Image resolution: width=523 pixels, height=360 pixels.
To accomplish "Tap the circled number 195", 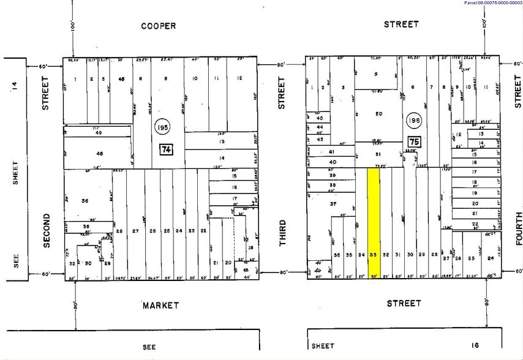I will (x=164, y=125).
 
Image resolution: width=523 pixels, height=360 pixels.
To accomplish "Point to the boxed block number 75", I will (x=414, y=142).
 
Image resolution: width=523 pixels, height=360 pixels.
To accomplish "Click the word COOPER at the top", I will (x=158, y=26).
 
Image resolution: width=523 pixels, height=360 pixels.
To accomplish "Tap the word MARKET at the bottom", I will (x=160, y=305).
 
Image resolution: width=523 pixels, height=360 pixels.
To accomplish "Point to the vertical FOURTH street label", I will (x=518, y=228).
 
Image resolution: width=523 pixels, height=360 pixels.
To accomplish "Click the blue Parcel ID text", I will (x=493, y=3).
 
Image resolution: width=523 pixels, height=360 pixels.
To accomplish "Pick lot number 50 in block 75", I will (x=378, y=114).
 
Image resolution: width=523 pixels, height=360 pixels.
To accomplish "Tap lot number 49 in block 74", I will (x=99, y=132).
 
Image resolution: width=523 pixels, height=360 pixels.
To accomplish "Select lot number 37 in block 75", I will (x=333, y=203).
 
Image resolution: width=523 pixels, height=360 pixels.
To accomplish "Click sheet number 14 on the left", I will (x=14, y=86).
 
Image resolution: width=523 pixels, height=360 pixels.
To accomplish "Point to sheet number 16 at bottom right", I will (x=473, y=346).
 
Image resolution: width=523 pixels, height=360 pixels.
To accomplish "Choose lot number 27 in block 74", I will (x=136, y=231).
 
